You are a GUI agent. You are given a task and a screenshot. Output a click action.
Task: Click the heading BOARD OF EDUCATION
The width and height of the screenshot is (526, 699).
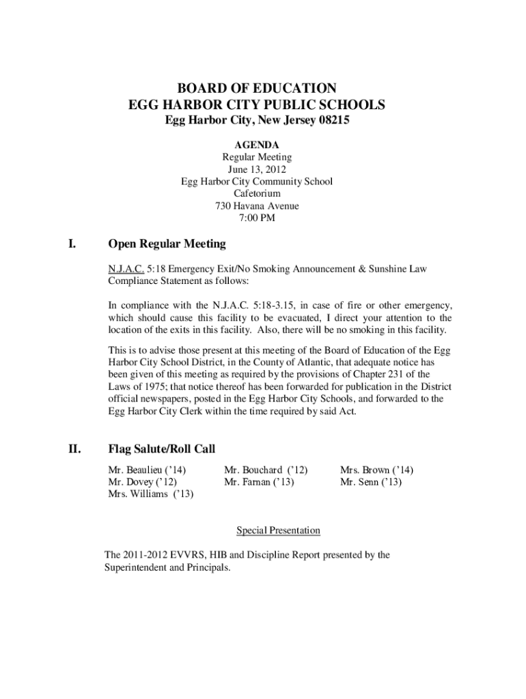[x=257, y=88]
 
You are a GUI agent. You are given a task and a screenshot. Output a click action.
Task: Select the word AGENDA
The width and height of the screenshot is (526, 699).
[x=257, y=145]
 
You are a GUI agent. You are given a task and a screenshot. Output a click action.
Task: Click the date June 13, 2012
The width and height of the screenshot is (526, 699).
[x=257, y=169]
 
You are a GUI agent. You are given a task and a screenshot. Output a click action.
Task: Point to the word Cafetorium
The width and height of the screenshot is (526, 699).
[x=257, y=194]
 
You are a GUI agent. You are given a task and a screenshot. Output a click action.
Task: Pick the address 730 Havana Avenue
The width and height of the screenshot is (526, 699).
[x=257, y=206]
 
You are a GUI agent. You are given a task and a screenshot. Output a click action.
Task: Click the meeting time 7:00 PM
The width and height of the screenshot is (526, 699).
[x=257, y=218]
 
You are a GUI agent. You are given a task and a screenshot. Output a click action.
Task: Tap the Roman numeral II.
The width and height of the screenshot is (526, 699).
[x=74, y=449]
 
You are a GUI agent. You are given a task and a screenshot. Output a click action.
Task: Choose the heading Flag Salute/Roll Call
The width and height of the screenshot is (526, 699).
[x=162, y=449]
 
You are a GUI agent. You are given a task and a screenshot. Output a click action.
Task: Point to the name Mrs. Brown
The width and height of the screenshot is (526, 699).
[x=366, y=470]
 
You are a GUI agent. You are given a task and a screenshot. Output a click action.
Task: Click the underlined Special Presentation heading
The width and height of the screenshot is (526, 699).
[x=278, y=530]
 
